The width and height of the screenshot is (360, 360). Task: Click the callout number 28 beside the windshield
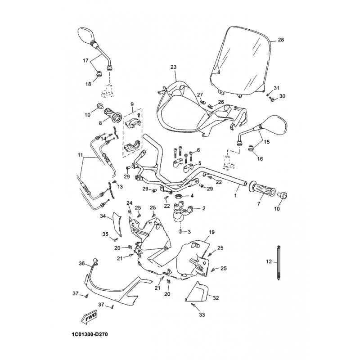coord(281,40)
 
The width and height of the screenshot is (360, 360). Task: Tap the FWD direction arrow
coord(90,318)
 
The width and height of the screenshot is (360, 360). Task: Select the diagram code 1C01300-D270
coord(89,335)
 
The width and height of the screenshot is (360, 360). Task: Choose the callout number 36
coord(82,264)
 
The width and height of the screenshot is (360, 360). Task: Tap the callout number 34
coord(103,216)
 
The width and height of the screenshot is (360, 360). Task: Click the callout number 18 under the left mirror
coord(88,84)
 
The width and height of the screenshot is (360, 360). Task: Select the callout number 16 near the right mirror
coord(260,158)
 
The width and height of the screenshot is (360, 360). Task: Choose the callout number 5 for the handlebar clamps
coord(200,163)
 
